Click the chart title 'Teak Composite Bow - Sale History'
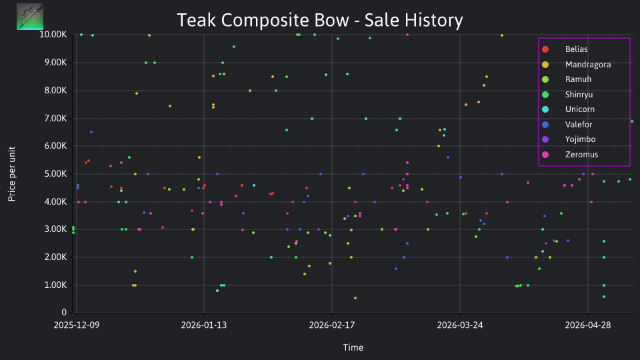[x=320, y=20]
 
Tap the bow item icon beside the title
[x=30, y=17]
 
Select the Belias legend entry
[x=576, y=49]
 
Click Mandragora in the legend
[x=588, y=65]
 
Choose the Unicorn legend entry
[x=579, y=109]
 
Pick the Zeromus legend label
[x=581, y=155]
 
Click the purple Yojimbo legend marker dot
[x=545, y=139]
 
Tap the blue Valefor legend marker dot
[x=545, y=125]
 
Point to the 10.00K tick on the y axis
[x=53, y=35]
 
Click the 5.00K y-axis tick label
[x=55, y=174]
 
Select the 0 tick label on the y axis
[x=64, y=313]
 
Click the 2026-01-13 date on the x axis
[x=204, y=325]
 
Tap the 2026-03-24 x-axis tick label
[x=460, y=325]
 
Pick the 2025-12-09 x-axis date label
[x=76, y=325]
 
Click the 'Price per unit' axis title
[x=12, y=174]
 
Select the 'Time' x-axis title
[x=353, y=348]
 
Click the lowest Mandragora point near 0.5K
[x=355, y=299]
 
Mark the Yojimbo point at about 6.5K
[x=91, y=132]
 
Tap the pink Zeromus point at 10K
[x=407, y=35]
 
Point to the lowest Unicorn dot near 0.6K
[x=604, y=297]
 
